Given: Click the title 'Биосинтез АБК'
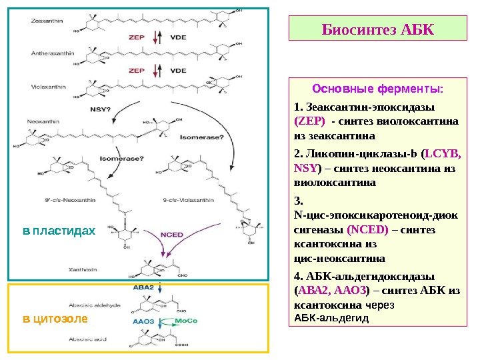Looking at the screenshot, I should click(377, 29).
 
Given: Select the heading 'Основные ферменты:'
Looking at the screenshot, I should click(377, 89).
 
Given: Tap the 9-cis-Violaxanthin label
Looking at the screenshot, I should click(199, 199).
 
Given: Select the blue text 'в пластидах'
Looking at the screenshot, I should click(59, 231).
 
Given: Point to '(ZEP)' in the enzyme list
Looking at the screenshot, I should click(309, 121).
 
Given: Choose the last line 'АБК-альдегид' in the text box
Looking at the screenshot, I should click(331, 319).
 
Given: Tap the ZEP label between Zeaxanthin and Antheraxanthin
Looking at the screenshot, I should click(137, 38).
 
